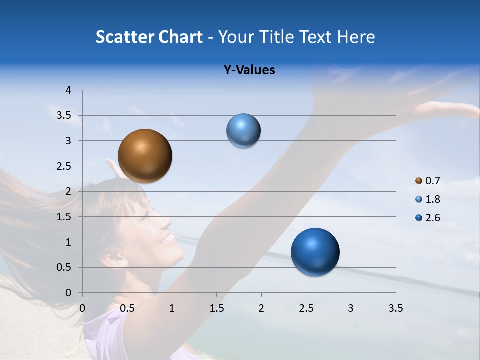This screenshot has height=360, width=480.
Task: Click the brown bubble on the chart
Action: (x=145, y=156)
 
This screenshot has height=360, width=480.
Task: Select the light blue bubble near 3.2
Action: (x=243, y=130)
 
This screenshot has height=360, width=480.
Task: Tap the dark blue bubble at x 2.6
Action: (x=315, y=252)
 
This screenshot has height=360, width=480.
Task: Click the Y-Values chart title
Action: (x=249, y=70)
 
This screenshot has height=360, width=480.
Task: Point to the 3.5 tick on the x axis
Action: (x=395, y=308)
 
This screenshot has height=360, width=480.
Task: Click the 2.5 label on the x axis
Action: (x=306, y=308)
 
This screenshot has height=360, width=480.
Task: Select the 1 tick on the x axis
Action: (x=172, y=308)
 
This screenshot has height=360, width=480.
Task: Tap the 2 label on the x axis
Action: (x=261, y=308)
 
